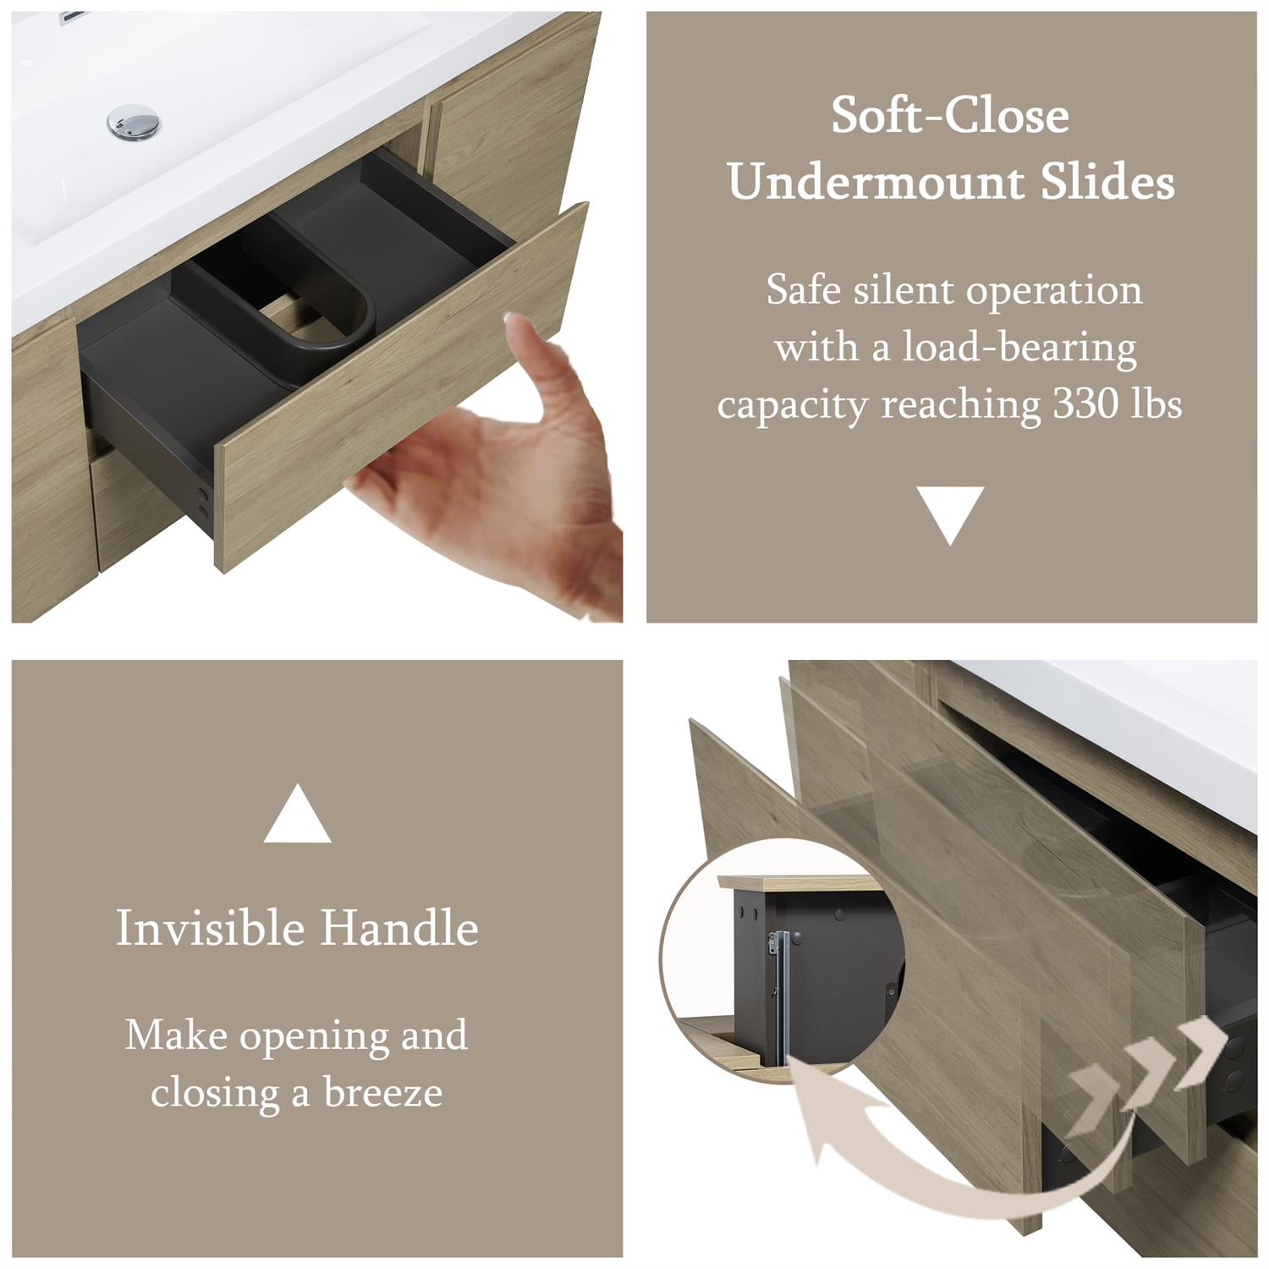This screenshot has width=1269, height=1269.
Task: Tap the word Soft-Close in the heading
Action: pyautogui.click(x=950, y=116)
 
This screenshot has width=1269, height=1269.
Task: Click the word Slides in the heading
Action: pyautogui.click(x=1107, y=182)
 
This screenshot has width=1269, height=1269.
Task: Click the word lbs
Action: pyautogui.click(x=1156, y=404)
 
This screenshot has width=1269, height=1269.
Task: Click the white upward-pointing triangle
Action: pyautogui.click(x=297, y=815)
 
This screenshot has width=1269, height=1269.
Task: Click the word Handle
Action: pyautogui.click(x=399, y=928)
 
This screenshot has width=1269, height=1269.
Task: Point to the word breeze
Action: pyautogui.click(x=383, y=1093)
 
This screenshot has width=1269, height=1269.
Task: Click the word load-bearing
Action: pyautogui.click(x=1019, y=348)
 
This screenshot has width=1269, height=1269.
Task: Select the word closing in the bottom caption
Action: pyautogui.click(x=216, y=1093)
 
